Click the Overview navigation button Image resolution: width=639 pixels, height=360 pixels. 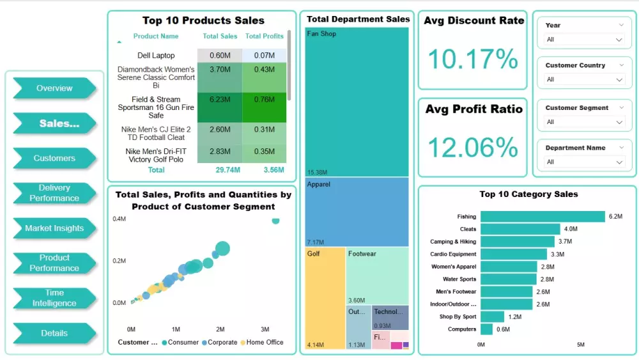54,88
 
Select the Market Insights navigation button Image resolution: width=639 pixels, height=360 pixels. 54,228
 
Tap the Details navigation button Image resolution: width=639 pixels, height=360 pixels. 54,333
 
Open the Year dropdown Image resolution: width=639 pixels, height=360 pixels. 584,40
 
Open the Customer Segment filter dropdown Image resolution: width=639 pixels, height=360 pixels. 584,122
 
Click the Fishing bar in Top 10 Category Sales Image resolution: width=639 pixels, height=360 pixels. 543,217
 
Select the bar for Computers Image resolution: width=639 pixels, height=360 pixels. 487,329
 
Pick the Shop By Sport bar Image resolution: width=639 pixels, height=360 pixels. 493,317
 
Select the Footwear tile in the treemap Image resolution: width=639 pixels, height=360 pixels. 377,276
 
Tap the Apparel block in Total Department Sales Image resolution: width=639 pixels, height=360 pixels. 357,212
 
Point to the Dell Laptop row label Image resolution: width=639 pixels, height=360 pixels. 156,56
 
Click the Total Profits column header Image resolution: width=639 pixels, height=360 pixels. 265,36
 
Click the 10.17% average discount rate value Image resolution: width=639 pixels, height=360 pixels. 473,59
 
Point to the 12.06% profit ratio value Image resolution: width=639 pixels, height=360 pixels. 473,148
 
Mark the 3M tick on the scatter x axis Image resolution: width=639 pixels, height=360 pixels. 265,329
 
